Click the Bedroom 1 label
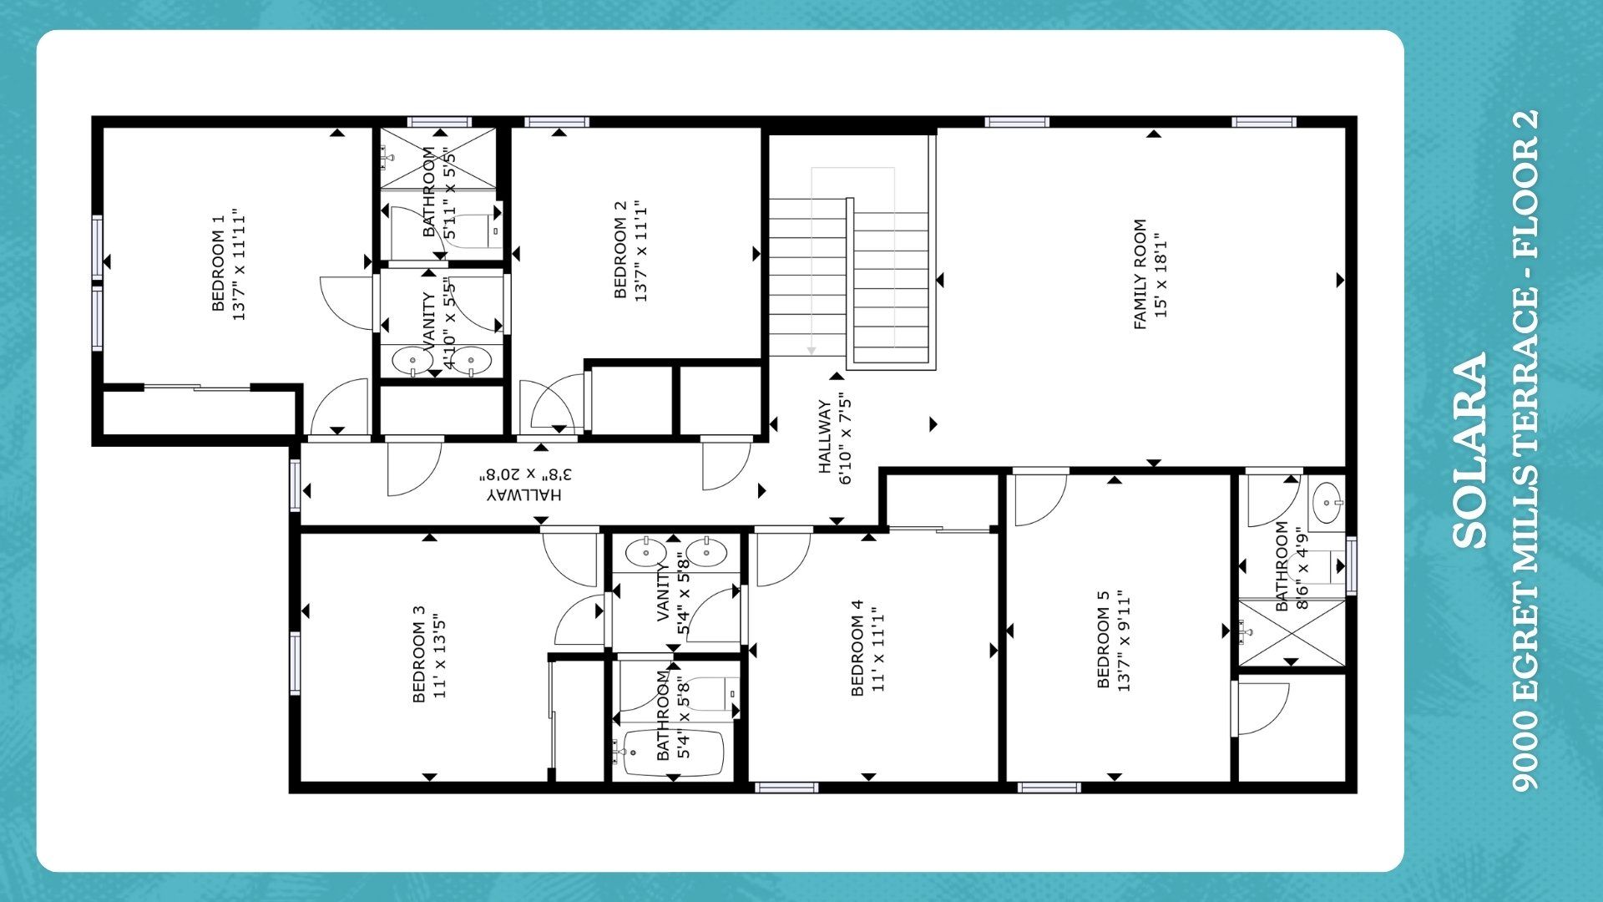pos(229,264)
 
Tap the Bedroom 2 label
pos(630,250)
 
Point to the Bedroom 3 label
pos(430,654)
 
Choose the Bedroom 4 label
pos(867,647)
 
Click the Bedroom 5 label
pos(1115,639)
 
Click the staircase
pos(850,267)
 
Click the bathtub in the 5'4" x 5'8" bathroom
pos(675,753)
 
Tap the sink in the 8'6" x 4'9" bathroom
pos(1326,503)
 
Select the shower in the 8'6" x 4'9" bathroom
pos(1291,632)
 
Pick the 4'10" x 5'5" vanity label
pos(440,322)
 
